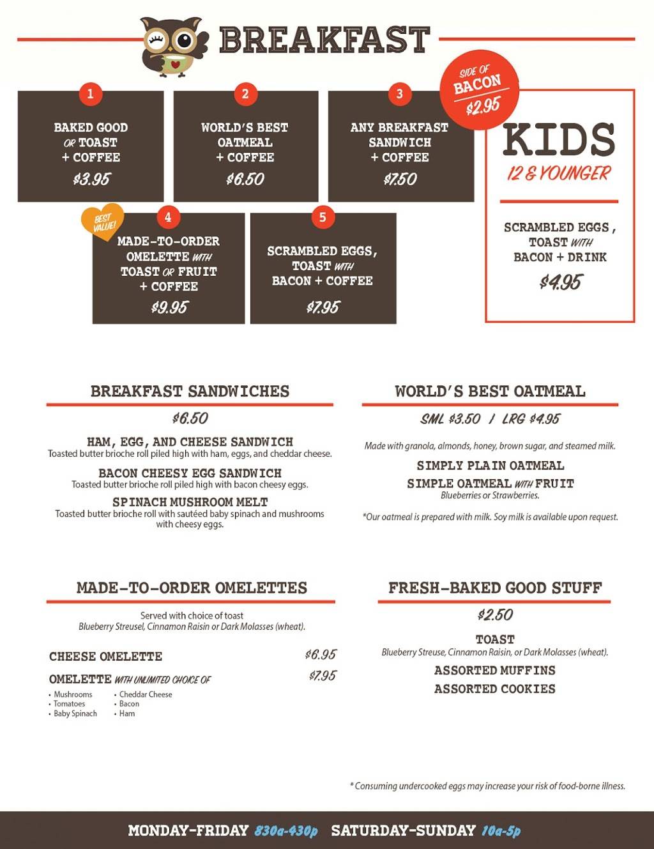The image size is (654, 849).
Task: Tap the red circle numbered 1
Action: [x=90, y=94]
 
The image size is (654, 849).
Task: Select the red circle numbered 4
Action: [x=168, y=217]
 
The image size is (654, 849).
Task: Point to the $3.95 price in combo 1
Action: [x=91, y=180]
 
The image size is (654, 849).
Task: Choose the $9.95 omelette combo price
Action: [x=169, y=308]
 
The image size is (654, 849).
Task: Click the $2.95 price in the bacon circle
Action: [x=482, y=106]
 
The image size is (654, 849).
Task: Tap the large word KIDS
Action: [x=559, y=141]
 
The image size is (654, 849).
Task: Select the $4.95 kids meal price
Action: [x=560, y=282]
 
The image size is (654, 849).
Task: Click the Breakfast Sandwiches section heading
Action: [x=190, y=392]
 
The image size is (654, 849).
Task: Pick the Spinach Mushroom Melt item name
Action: [x=190, y=502]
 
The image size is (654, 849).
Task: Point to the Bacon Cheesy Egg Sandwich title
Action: [x=190, y=473]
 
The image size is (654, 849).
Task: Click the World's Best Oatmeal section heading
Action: [x=490, y=392]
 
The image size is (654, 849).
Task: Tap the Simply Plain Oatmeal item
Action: [x=490, y=466]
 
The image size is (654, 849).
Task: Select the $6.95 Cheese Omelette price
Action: [x=321, y=655]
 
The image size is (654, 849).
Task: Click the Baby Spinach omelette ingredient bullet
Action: [x=75, y=714]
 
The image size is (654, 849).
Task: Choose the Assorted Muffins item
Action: [x=494, y=670]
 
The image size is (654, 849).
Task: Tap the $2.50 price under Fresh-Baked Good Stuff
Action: [x=495, y=615]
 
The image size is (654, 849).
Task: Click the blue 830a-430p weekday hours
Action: [x=285, y=831]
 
